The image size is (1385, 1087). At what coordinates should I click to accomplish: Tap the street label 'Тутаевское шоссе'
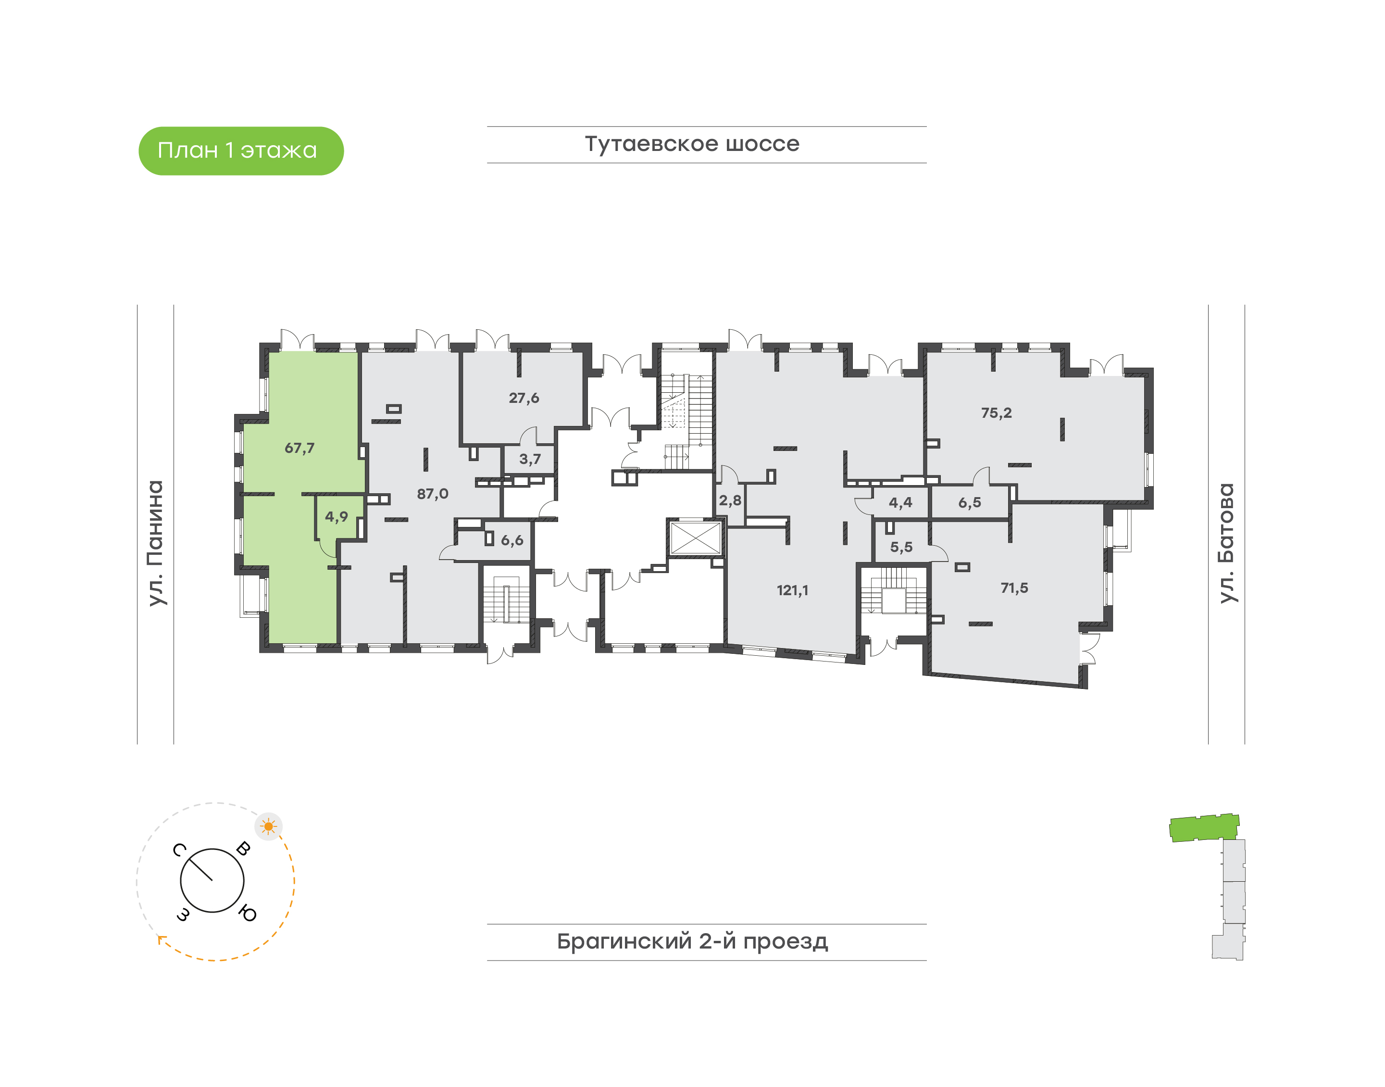[x=692, y=144]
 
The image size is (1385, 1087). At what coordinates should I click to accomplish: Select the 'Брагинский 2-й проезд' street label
[x=692, y=941]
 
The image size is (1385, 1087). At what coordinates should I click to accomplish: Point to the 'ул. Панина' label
[x=155, y=543]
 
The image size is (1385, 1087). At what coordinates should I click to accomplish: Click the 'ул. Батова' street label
[x=1226, y=543]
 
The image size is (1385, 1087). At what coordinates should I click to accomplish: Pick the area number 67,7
[x=299, y=448]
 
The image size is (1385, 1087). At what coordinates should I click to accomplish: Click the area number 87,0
[x=432, y=494]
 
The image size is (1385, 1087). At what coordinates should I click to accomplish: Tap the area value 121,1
[x=792, y=590]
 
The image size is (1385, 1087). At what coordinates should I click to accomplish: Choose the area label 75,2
[x=996, y=413]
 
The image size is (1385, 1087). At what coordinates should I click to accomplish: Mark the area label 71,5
[x=1014, y=588]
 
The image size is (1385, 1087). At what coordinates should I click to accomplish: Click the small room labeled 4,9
[x=336, y=516]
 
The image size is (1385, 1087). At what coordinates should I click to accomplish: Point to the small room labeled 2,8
[x=730, y=500]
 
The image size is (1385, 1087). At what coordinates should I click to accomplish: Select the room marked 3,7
[x=530, y=459]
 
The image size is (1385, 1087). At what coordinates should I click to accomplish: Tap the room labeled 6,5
[x=969, y=503]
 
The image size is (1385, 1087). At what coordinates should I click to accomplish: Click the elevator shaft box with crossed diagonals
[x=695, y=538]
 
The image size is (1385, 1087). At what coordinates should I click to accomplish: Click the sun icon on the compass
[x=269, y=827]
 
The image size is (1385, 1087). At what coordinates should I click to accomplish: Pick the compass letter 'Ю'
[x=248, y=914]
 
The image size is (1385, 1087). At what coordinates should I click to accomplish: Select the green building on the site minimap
[x=1204, y=827]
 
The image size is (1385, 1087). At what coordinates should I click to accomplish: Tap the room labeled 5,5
[x=900, y=547]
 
